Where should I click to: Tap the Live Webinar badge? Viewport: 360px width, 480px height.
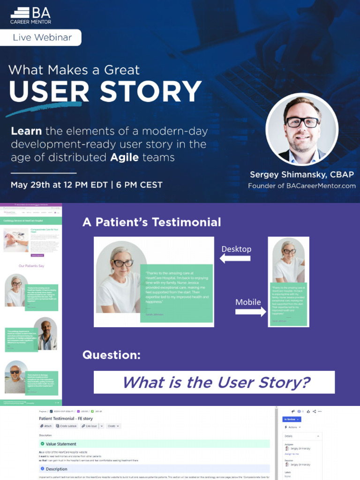(x=42, y=37)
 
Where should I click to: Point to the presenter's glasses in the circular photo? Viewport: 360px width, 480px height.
(x=302, y=123)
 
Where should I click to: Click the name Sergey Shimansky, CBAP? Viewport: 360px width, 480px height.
(x=301, y=174)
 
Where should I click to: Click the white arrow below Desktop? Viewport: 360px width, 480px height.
(x=235, y=259)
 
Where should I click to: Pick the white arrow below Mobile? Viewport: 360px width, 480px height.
(x=250, y=312)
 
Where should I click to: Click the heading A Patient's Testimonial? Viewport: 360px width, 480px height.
(x=151, y=222)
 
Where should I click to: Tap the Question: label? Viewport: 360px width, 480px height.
(x=112, y=355)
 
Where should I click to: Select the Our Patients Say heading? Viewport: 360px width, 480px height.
(x=31, y=266)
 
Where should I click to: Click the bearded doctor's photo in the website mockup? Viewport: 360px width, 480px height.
(x=45, y=333)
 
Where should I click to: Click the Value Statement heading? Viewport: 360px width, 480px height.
(x=61, y=444)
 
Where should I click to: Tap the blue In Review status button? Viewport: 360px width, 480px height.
(x=292, y=419)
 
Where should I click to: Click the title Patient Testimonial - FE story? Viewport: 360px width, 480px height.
(x=66, y=418)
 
